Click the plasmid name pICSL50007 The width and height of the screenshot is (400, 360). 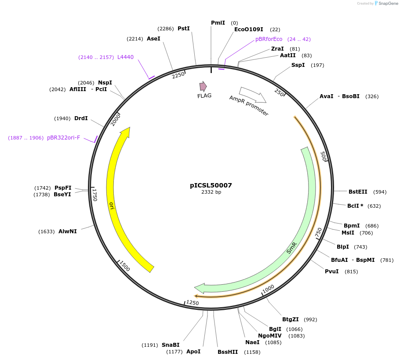tap(211, 185)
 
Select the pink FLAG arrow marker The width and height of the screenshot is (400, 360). tap(203, 86)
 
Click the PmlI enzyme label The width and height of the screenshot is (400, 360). tap(218, 22)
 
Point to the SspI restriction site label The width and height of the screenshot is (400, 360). tap(298, 65)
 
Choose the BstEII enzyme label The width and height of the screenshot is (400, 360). tap(358, 191)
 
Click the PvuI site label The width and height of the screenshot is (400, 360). tap(332, 272)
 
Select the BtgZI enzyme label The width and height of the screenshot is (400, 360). tap(291, 320)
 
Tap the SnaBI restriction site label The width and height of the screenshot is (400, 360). tap(171, 345)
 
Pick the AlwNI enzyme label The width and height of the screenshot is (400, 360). tap(68, 231)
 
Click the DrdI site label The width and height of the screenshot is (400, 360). tap(81, 118)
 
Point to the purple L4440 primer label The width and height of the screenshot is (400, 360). tap(125, 57)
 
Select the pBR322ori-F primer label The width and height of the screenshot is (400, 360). tap(64, 138)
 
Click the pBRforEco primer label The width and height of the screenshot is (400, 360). tap(269, 39)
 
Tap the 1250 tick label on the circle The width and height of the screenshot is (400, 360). tap(193, 303)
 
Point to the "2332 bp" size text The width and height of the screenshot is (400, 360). tap(211, 192)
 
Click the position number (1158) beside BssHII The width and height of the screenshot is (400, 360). tap(252, 352)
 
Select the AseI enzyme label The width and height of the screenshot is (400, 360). tap(153, 39)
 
